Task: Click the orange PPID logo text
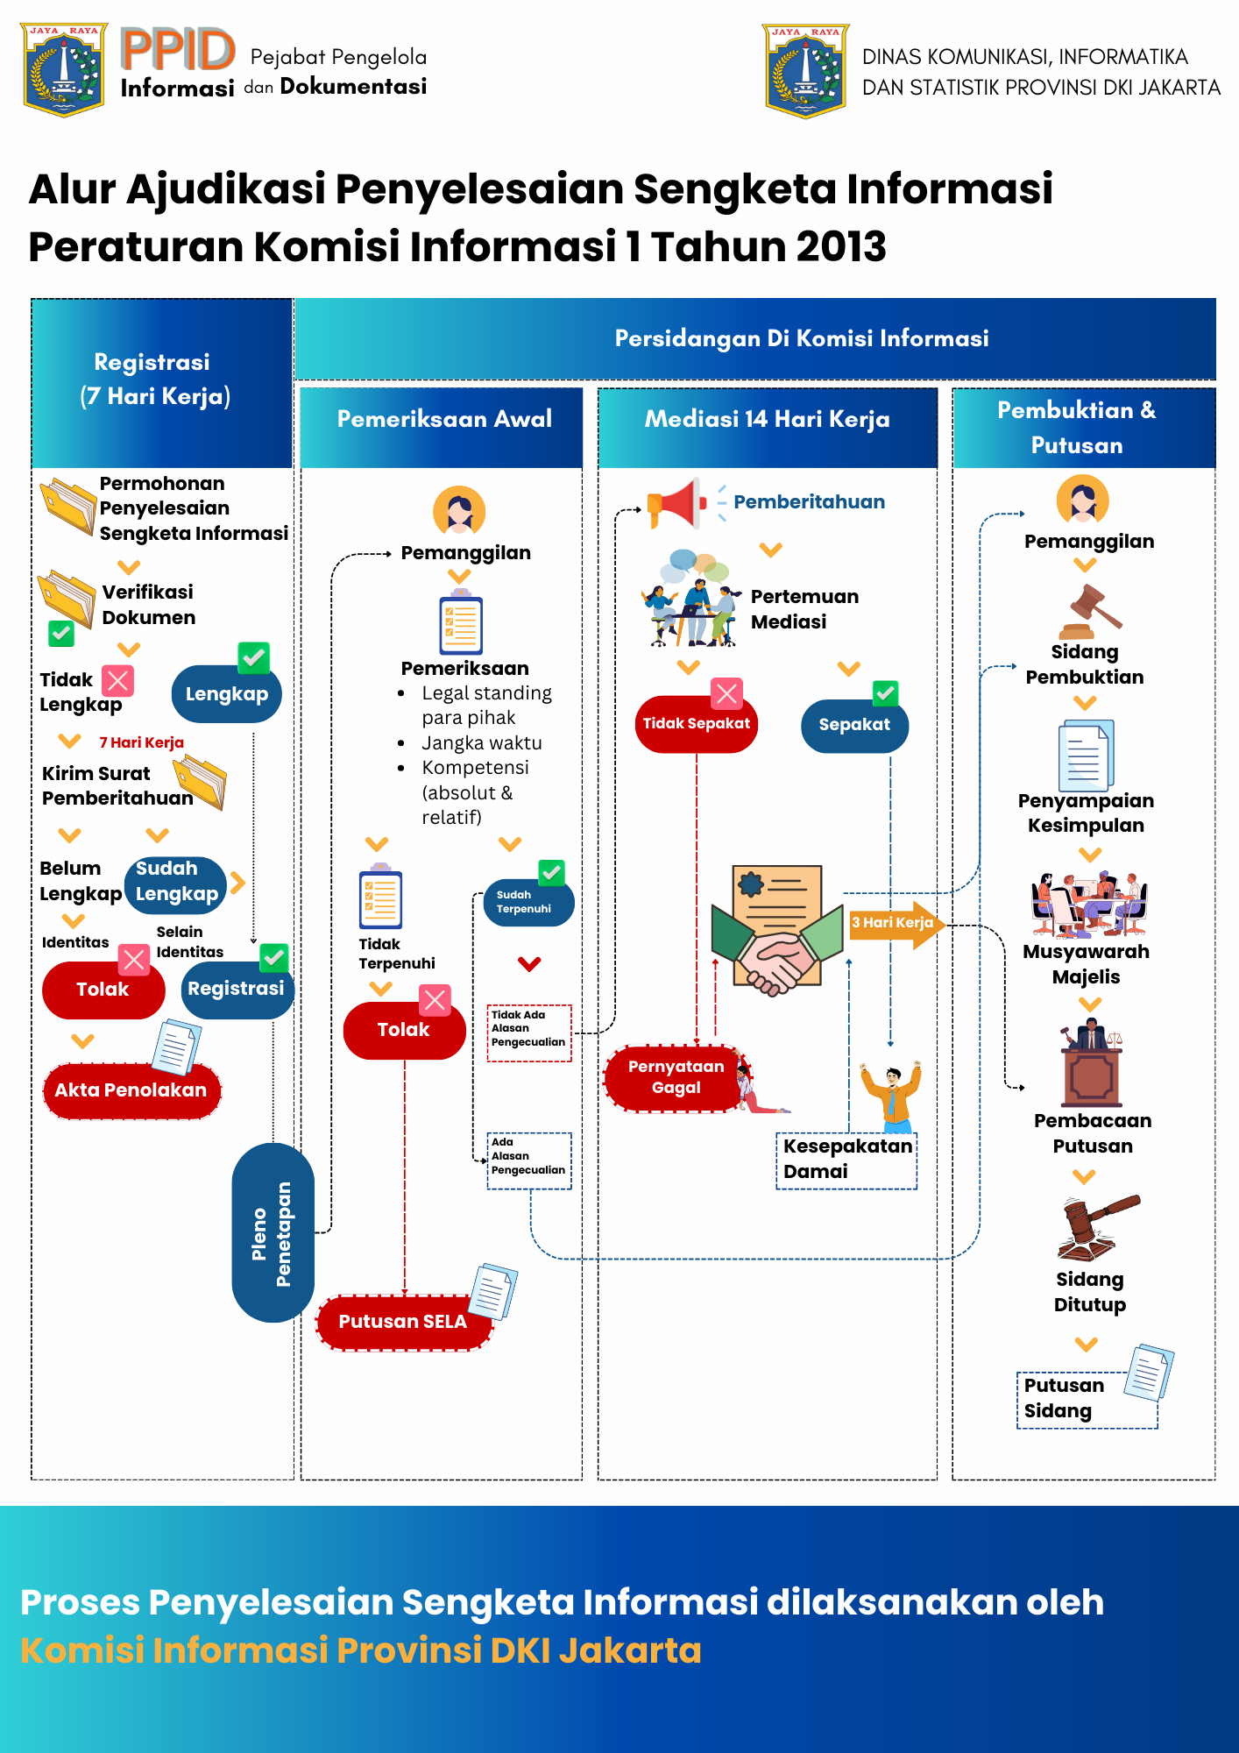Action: [178, 49]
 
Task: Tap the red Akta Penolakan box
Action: [131, 1090]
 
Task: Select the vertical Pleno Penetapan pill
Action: [273, 1232]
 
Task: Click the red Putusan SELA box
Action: [402, 1322]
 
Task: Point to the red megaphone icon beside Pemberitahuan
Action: [676, 503]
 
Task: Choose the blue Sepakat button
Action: [854, 725]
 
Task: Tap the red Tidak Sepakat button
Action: [696, 724]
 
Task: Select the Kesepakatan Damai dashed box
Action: [846, 1159]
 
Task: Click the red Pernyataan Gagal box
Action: [676, 1077]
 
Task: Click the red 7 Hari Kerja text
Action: [141, 742]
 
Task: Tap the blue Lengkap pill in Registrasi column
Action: [226, 694]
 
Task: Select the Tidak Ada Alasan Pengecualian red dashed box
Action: [529, 1033]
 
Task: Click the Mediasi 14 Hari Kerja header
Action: [767, 420]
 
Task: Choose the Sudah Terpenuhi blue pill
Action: [527, 903]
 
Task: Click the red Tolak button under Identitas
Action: [103, 990]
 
